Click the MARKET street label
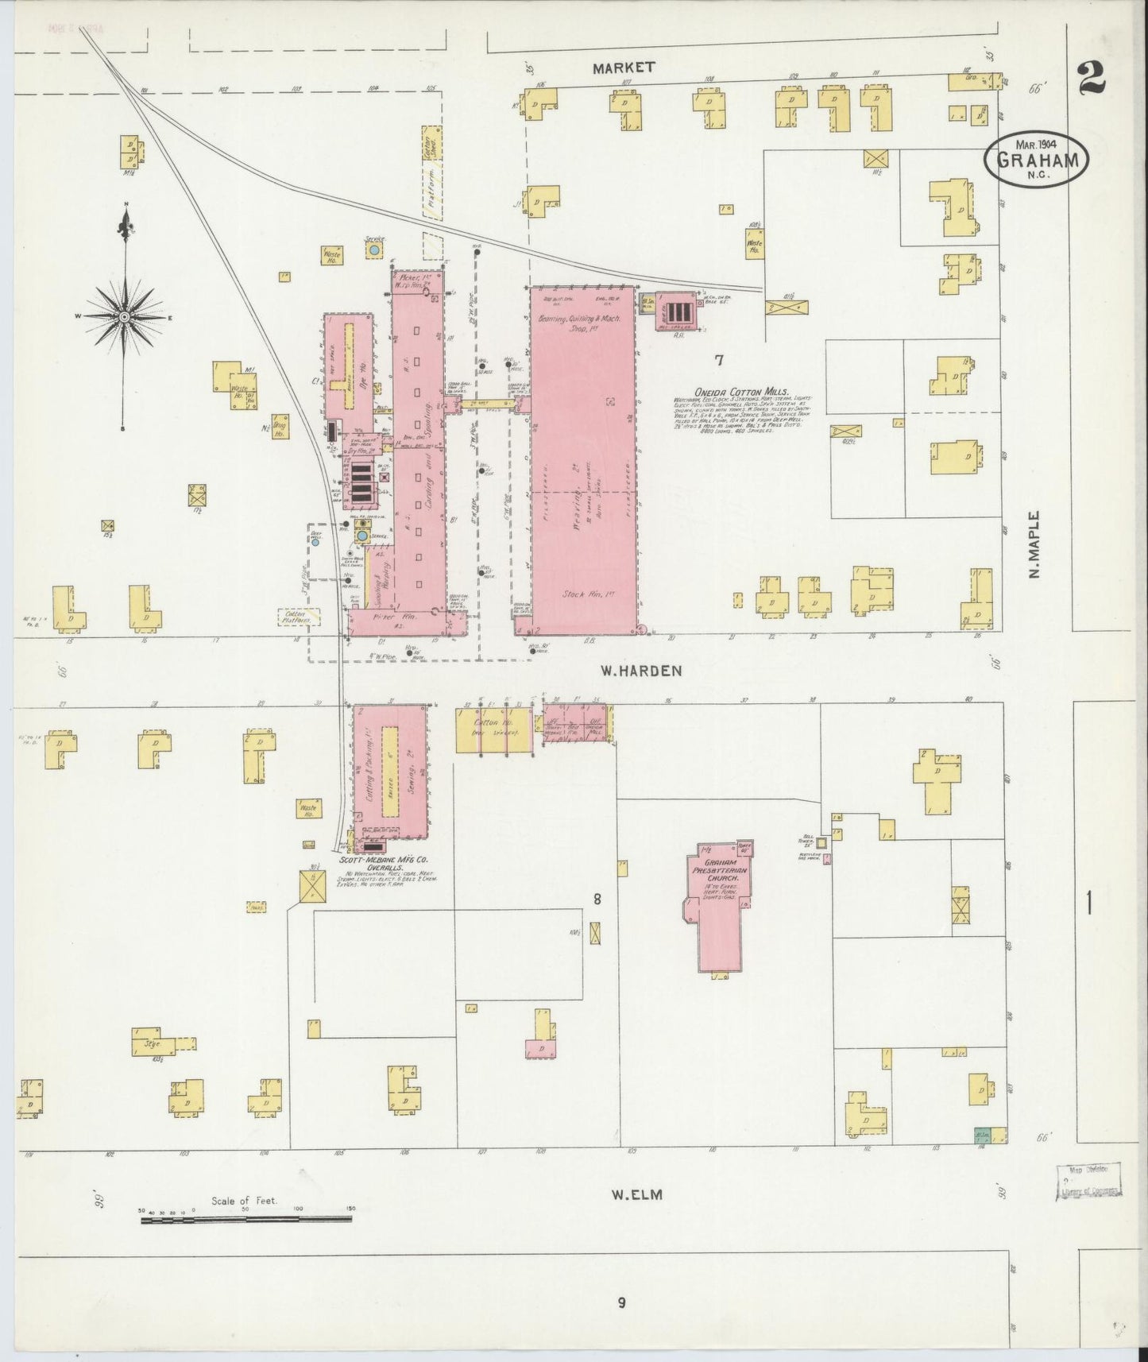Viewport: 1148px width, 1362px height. point(624,68)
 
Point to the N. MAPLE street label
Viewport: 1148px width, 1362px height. point(1034,544)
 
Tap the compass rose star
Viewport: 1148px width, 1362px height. point(125,316)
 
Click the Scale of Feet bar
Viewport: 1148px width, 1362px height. point(246,1219)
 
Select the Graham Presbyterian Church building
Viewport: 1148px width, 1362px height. point(719,906)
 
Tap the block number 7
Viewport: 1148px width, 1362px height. point(718,360)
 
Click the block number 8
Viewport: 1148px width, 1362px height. point(596,900)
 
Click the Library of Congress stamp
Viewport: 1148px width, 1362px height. point(1088,1181)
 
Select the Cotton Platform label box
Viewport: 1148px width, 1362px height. point(299,617)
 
